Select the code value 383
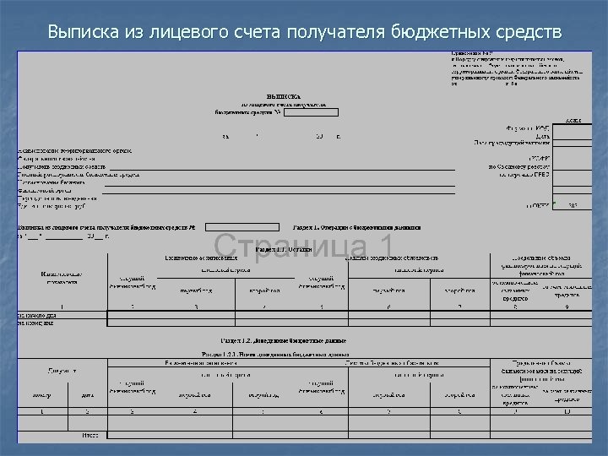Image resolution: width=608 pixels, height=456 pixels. (573, 205)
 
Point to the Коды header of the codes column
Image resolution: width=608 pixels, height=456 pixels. (573, 120)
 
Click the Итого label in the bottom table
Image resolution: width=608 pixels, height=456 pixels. (90, 435)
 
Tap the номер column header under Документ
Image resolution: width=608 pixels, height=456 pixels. (41, 394)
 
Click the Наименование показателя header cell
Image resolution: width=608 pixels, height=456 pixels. (62, 278)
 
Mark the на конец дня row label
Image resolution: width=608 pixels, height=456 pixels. (35, 323)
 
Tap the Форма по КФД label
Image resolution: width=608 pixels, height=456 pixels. (529, 128)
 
